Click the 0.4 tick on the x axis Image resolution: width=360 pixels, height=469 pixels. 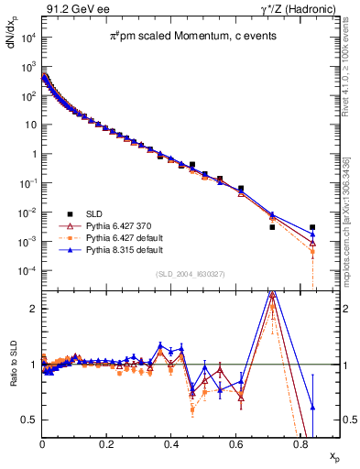click(x=171, y=443)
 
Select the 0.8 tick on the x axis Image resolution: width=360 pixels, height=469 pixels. click(x=300, y=443)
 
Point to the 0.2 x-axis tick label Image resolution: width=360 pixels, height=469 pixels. click(x=107, y=443)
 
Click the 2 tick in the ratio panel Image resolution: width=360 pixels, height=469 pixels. click(x=34, y=309)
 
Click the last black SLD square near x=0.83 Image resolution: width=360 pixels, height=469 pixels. click(x=312, y=227)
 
